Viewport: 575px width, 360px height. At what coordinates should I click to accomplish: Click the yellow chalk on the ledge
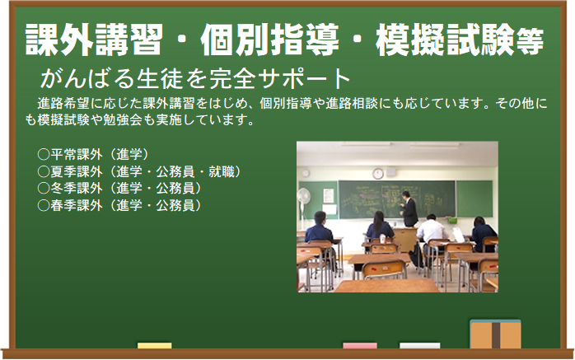(x=154, y=345)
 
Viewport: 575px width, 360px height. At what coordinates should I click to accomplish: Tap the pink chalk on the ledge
(x=360, y=345)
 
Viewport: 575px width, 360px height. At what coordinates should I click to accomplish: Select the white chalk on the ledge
(x=419, y=345)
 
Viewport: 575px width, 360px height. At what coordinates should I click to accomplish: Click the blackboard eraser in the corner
(x=495, y=334)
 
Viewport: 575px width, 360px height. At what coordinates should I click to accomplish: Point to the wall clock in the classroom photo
(x=378, y=173)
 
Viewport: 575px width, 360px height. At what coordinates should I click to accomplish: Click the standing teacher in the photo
(x=409, y=209)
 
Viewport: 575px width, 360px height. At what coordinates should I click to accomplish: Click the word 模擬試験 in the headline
(x=445, y=40)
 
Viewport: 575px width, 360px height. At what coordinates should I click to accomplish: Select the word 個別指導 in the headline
(x=269, y=40)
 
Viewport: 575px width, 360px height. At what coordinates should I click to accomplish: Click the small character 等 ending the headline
(x=530, y=41)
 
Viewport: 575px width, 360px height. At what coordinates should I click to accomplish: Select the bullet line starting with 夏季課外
(x=138, y=171)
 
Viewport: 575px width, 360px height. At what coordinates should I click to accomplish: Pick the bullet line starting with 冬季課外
(x=119, y=188)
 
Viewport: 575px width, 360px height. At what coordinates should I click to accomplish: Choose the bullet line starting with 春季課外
(x=119, y=205)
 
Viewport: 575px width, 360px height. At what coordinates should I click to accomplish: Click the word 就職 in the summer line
(x=222, y=171)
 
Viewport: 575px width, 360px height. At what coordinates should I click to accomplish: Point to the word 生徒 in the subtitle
(x=159, y=78)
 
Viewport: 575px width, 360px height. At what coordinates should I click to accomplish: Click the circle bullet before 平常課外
(x=44, y=154)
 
